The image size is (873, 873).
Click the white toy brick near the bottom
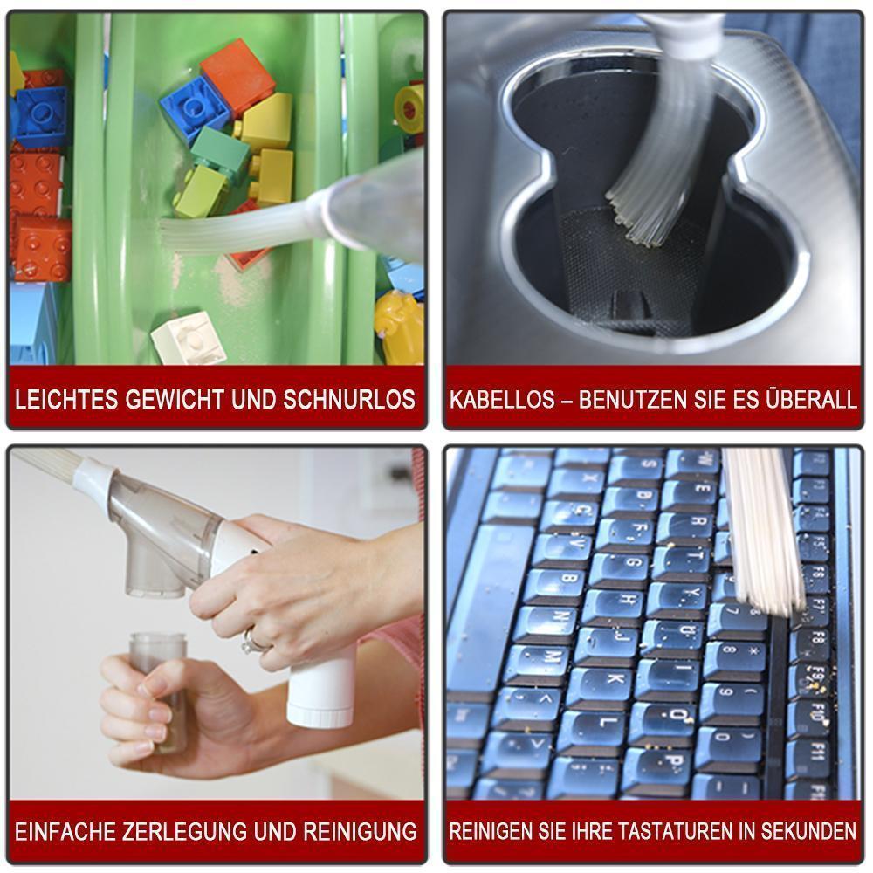(189, 339)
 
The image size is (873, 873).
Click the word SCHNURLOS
(349, 400)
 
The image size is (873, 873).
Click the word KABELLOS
(502, 400)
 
